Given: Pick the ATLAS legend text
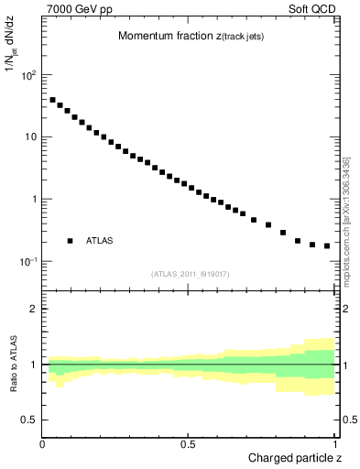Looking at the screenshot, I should point(100,241).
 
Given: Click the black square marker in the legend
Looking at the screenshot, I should point(70,241).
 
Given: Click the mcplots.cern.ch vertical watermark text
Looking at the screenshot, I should point(348,220).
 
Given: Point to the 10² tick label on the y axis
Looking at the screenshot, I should point(27,75).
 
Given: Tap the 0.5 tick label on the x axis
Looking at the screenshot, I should point(189,444).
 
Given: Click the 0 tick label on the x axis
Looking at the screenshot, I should point(43,444).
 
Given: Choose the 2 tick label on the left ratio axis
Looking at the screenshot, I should point(34,310).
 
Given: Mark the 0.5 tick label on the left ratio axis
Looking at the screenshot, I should point(29,420).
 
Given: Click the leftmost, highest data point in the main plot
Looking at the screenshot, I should point(52,100).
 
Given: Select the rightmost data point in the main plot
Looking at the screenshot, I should point(327,245).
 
